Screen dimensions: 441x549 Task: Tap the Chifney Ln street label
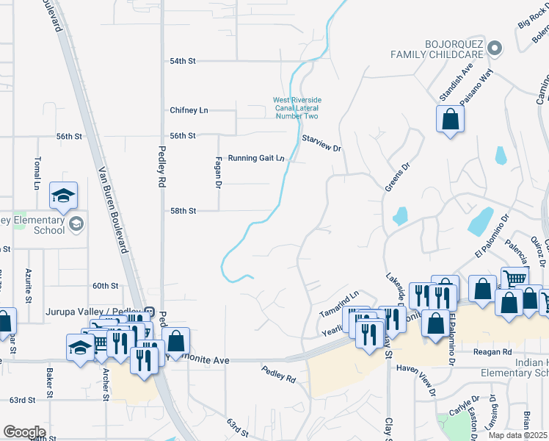(189, 110)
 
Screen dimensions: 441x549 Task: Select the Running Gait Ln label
(255, 158)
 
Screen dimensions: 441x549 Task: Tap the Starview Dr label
(322, 143)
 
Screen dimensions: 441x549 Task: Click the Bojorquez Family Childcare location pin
(495, 49)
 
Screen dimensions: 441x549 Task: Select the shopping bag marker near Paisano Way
(449, 119)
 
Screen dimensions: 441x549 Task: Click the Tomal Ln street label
(36, 173)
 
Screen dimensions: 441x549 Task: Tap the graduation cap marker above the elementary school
(63, 196)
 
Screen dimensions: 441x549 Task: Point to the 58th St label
(183, 211)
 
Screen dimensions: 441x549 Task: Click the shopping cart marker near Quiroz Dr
(515, 279)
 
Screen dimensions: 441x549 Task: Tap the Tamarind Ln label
(338, 305)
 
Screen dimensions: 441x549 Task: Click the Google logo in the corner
(24, 431)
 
